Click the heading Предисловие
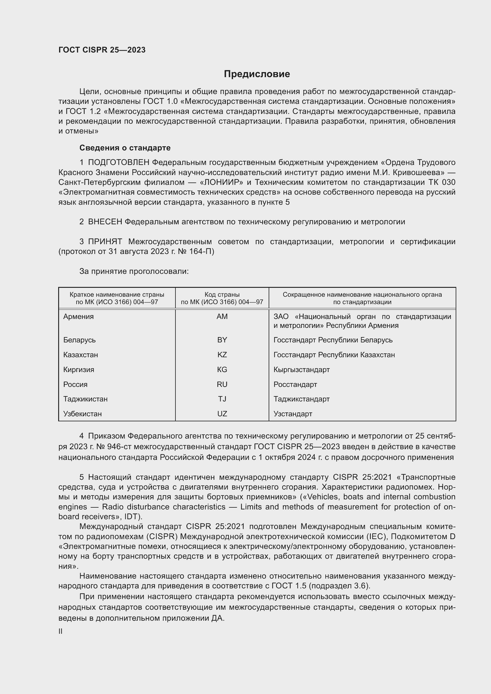coord(257,74)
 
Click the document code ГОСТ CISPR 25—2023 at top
coord(102,50)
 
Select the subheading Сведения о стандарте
coord(125,148)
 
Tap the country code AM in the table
coord(222,317)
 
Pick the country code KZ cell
coord(222,355)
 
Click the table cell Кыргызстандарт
coord(301,370)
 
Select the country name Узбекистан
coord(82,414)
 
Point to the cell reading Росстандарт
coord(295,385)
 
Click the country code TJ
coord(222,399)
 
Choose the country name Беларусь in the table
coord(79,340)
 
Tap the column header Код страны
coord(222,294)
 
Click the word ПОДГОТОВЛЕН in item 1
coord(118,163)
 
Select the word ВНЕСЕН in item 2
coord(105,222)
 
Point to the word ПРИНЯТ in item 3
coord(105,242)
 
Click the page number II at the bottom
coord(61,631)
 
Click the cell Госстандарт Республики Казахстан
coord(334,355)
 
